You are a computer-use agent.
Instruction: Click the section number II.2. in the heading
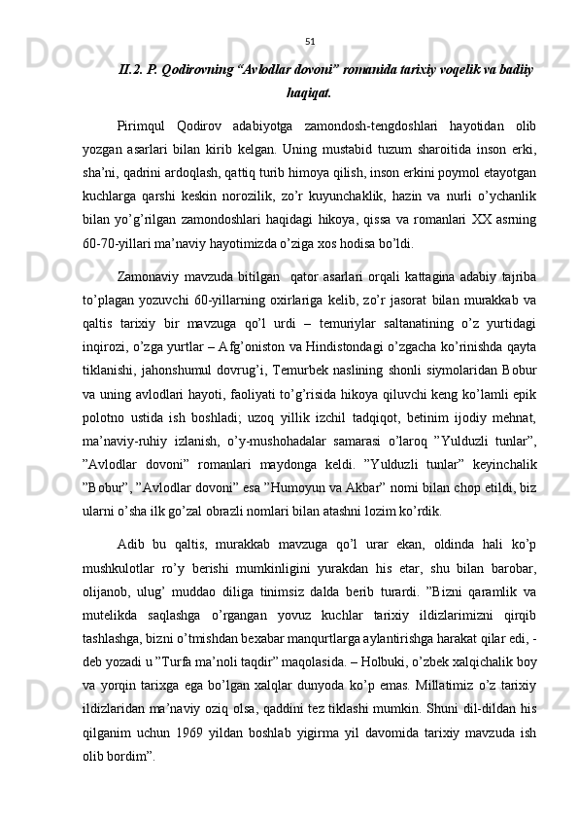click(131, 69)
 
